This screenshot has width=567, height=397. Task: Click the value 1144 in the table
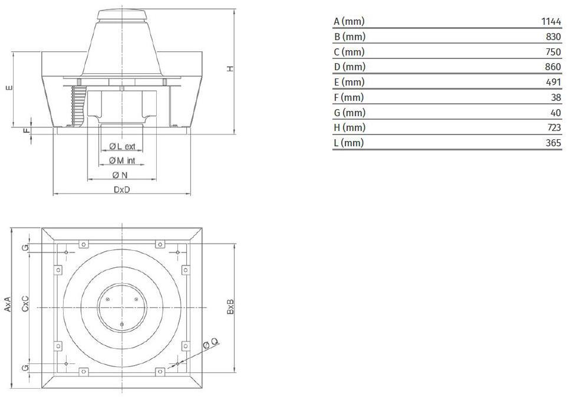[x=550, y=21]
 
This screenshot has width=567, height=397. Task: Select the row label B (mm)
[x=350, y=37]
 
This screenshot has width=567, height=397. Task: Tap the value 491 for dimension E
[x=553, y=82]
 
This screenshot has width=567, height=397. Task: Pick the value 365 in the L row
[x=553, y=143]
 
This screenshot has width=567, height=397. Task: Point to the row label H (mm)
[x=350, y=127]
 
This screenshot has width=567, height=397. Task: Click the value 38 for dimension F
[x=556, y=97]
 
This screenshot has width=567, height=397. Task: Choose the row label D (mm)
[x=350, y=67]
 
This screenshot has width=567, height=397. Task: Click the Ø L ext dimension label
[x=122, y=146]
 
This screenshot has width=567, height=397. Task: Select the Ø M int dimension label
[x=122, y=160]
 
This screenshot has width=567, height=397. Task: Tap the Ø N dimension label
[x=120, y=175]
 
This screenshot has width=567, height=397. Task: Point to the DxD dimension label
[x=121, y=189]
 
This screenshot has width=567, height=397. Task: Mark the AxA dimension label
[x=8, y=304]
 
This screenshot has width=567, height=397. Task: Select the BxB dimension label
[x=230, y=307]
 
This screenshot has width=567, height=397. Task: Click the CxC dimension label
[x=25, y=303]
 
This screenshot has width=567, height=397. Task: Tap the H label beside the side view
[x=230, y=69]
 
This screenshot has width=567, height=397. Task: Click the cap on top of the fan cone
[x=122, y=15]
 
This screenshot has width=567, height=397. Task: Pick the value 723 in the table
[x=553, y=127]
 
